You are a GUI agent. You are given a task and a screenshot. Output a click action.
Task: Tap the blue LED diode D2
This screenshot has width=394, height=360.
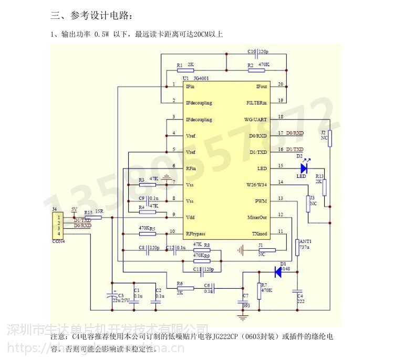[x=303, y=168]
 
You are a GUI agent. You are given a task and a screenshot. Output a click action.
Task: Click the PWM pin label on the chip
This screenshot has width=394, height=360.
[x=261, y=202]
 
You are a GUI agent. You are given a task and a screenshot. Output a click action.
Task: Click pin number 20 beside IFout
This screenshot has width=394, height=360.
[x=280, y=84]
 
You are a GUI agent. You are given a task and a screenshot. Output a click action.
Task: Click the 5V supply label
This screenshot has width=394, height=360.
[x=74, y=209]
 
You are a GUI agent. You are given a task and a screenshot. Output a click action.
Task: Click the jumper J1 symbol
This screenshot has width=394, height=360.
[x=267, y=250]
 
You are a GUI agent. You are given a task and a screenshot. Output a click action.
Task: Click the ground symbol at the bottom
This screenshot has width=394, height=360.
[x=242, y=316]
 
